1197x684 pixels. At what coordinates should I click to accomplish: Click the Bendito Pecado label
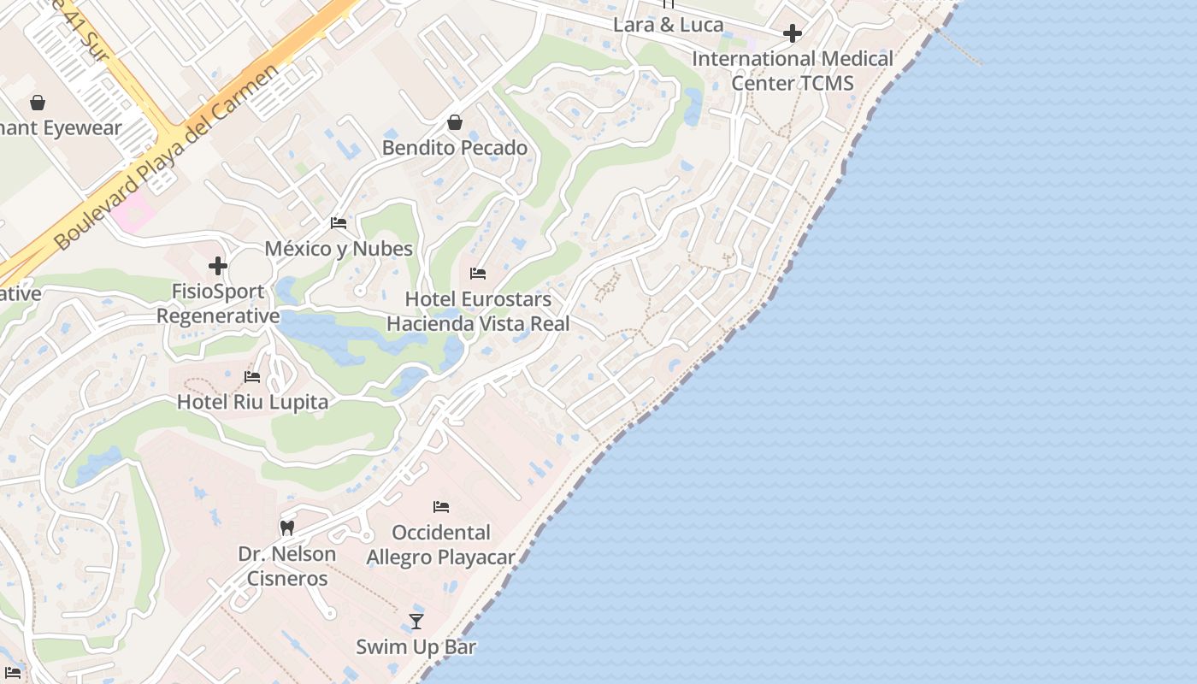(x=454, y=148)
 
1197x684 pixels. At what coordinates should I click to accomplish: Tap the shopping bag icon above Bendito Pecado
(x=455, y=123)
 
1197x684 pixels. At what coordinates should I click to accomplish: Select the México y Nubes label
(x=339, y=249)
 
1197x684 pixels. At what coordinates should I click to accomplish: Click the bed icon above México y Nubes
(x=339, y=223)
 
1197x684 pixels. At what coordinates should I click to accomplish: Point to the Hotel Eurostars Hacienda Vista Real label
(x=478, y=311)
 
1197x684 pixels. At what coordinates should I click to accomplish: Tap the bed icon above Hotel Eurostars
(x=478, y=274)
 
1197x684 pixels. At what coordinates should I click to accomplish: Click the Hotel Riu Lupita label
(x=252, y=402)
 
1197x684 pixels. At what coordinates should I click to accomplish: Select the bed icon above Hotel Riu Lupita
(x=252, y=376)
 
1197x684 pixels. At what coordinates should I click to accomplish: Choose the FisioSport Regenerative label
(x=218, y=304)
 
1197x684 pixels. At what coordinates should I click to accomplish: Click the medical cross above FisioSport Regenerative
(x=218, y=266)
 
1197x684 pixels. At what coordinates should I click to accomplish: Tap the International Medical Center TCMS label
(x=793, y=71)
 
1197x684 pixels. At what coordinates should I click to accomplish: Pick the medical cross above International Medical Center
(x=793, y=34)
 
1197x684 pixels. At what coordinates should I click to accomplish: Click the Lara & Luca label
(x=669, y=25)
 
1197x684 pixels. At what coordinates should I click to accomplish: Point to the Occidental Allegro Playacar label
(x=440, y=545)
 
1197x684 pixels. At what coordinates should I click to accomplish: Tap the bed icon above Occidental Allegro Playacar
(x=441, y=507)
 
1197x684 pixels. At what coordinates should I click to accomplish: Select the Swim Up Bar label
(x=416, y=646)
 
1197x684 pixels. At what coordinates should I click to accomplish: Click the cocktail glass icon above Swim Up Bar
(x=416, y=622)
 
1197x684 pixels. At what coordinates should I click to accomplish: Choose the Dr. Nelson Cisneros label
(x=286, y=566)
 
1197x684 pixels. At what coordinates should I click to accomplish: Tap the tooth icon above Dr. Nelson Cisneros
(x=287, y=528)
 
